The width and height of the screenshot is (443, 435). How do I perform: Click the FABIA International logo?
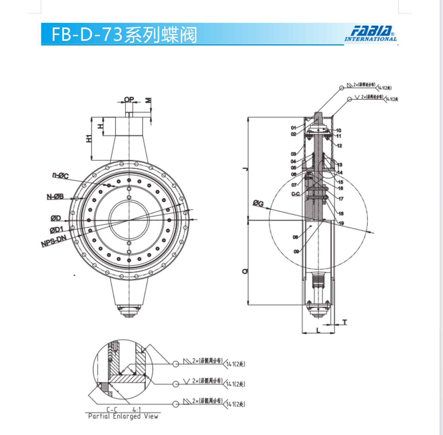(370, 34)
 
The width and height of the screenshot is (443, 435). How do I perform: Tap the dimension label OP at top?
(129, 99)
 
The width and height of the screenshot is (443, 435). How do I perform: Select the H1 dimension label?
(89, 138)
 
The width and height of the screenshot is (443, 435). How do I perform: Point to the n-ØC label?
(60, 176)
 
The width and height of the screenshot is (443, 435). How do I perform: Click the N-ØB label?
(55, 197)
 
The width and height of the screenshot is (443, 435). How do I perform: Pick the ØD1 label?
(56, 230)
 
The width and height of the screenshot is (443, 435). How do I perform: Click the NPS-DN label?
(54, 241)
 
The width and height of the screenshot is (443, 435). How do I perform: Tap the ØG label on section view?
(258, 203)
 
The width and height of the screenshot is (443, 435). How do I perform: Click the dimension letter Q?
(245, 271)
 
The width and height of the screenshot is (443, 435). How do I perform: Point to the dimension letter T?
(345, 322)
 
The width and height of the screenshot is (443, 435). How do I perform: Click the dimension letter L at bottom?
(319, 331)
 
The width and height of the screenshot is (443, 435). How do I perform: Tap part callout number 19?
(341, 223)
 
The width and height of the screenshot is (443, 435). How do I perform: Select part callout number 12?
(339, 146)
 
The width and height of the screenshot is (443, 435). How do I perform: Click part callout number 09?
(296, 252)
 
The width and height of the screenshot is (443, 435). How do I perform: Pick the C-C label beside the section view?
(295, 194)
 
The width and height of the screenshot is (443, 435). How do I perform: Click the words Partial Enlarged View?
(123, 416)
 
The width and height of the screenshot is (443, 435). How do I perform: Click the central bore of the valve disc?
(129, 220)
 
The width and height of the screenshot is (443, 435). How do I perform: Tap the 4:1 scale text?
(137, 410)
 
